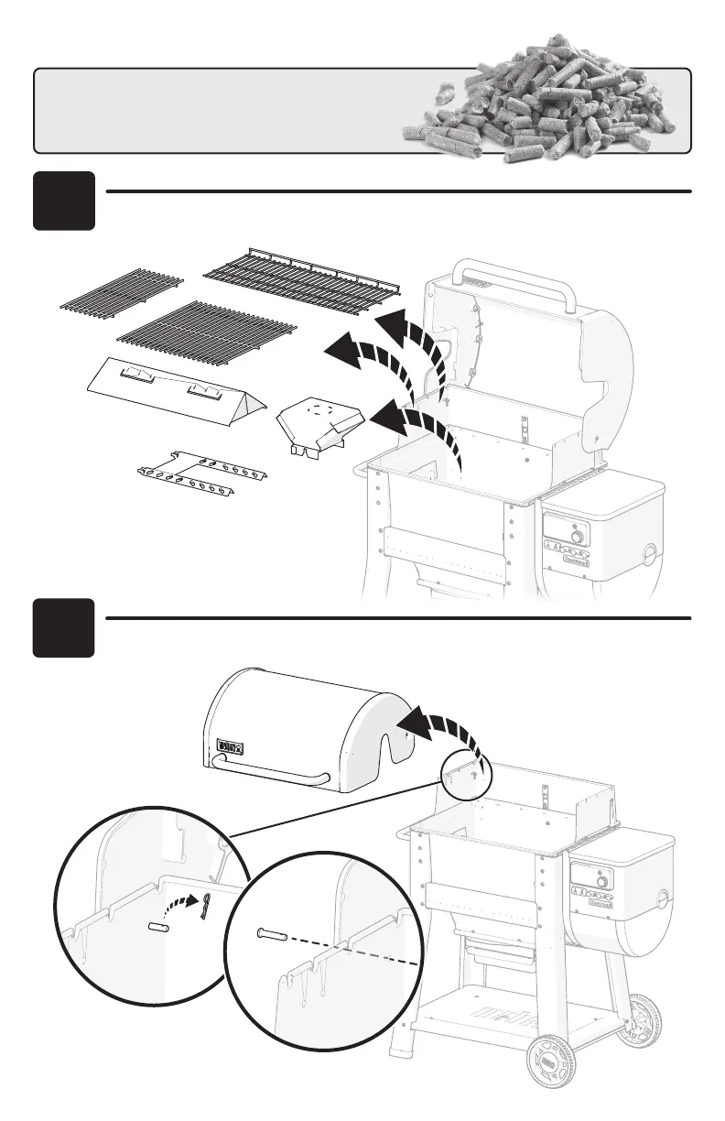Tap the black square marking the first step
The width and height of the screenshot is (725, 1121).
tap(64, 201)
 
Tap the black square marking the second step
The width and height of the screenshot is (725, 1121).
tap(64, 627)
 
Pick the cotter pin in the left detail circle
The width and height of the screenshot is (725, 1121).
tap(208, 906)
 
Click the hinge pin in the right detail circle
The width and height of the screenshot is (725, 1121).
tap(272, 934)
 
